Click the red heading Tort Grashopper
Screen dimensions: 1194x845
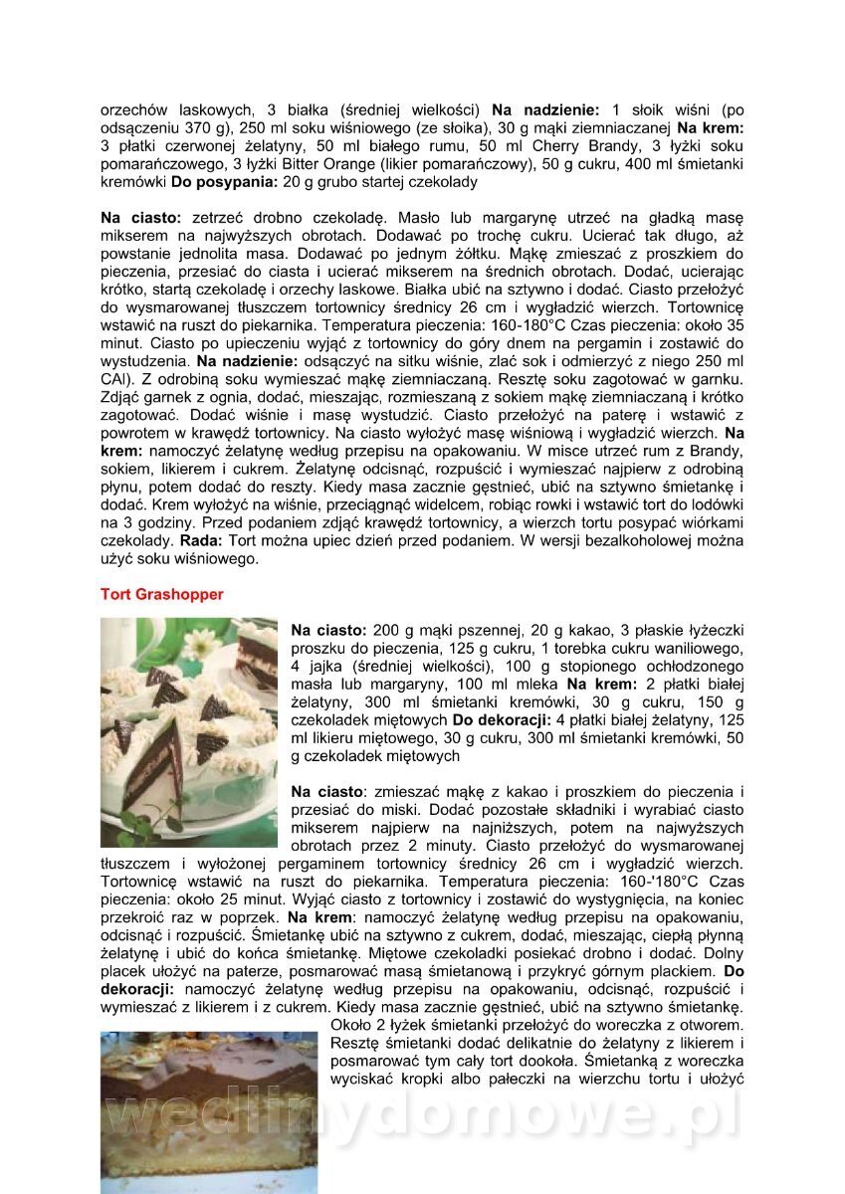click(x=162, y=594)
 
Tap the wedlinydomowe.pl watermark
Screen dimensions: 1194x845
click(x=422, y=1109)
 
